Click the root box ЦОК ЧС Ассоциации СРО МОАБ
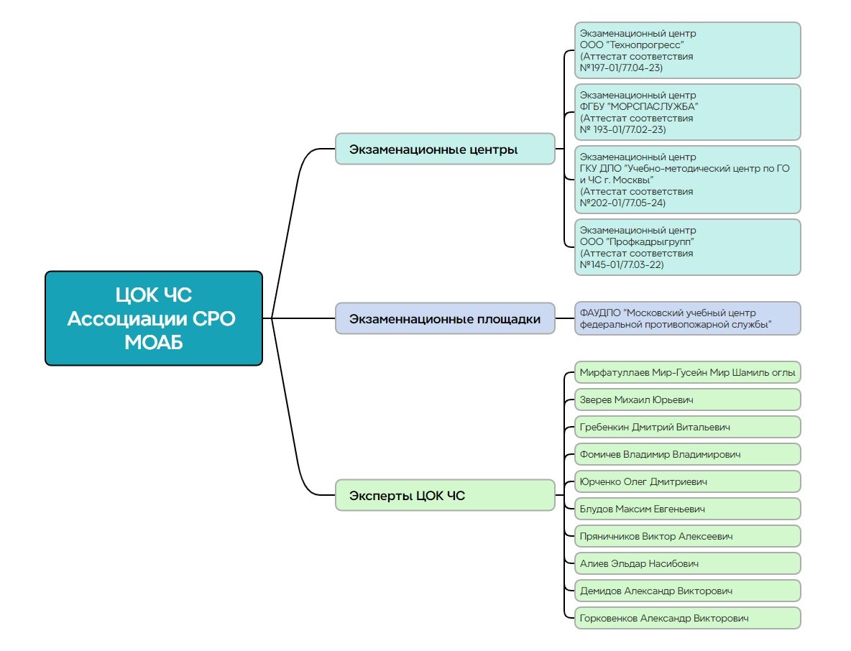tap(153, 318)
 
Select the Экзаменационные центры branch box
tap(445, 149)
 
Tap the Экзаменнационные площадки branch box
tap(445, 318)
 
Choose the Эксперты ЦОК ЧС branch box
tap(445, 495)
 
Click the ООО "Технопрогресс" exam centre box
tap(687, 50)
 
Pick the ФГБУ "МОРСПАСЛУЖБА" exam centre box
tap(687, 112)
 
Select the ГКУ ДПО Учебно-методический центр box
tap(687, 180)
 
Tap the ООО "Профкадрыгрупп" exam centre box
tap(687, 247)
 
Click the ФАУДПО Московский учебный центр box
tap(687, 318)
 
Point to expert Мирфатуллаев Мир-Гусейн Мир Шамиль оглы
tap(687, 372)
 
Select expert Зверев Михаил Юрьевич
tap(687, 400)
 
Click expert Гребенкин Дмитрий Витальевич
tap(687, 427)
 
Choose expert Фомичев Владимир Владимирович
tap(687, 454)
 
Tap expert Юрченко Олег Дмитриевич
tap(687, 481)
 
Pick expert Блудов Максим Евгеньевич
tap(687, 509)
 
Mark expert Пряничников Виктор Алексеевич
tap(687, 536)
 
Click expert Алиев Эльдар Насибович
tap(687, 563)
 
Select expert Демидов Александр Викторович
tap(687, 591)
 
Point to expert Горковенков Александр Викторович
tap(687, 618)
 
